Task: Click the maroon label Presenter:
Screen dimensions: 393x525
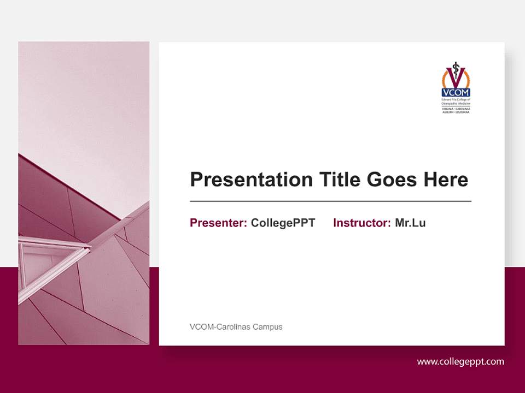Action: click(x=218, y=223)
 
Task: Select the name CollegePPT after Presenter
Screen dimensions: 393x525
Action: click(x=283, y=223)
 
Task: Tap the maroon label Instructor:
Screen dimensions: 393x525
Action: click(x=361, y=223)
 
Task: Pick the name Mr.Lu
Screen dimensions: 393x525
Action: click(x=410, y=223)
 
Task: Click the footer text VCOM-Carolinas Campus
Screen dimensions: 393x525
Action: click(x=236, y=327)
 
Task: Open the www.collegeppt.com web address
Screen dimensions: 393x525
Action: click(x=460, y=361)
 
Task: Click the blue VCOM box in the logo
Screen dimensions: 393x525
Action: click(x=456, y=93)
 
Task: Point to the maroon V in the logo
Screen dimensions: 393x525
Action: click(x=456, y=76)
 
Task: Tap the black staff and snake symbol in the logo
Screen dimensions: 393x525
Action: click(x=456, y=68)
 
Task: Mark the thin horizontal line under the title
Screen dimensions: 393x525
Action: click(x=330, y=201)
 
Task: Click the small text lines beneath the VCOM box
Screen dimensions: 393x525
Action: click(x=456, y=105)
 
